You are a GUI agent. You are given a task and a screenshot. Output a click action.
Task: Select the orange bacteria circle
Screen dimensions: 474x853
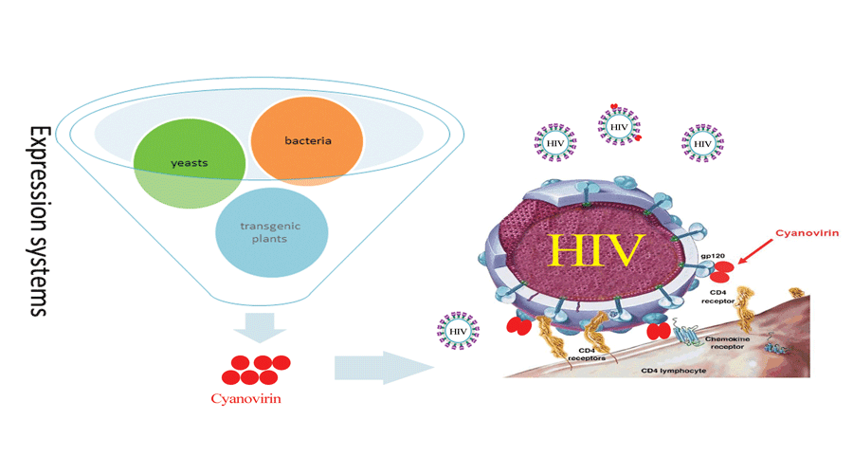coord(306,142)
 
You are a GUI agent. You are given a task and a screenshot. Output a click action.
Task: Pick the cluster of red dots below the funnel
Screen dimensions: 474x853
coord(259,369)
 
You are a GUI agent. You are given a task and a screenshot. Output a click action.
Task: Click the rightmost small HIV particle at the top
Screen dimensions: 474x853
coord(701,142)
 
